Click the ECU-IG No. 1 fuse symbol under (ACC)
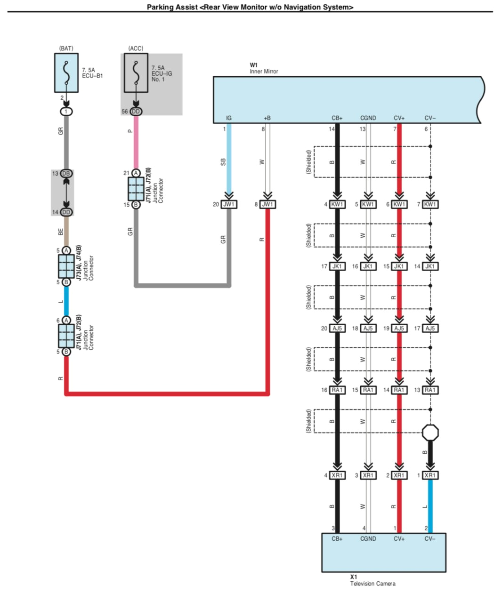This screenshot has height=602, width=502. [136, 72]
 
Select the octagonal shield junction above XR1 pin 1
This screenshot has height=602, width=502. [430, 432]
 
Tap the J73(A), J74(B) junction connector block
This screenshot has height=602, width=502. [66, 266]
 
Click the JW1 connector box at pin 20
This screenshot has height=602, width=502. [229, 204]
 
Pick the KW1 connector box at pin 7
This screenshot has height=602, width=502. [430, 204]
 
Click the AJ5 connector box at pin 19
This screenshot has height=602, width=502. [399, 328]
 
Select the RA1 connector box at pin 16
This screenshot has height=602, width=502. [337, 390]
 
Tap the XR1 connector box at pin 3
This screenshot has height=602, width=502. [368, 475]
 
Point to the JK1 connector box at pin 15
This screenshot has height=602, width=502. [399, 266]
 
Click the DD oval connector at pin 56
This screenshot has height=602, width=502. [136, 112]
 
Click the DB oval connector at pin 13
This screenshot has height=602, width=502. [66, 174]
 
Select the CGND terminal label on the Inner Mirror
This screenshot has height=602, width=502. [368, 118]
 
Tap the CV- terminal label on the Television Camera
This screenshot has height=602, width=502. [430, 539]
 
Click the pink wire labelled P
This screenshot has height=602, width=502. [136, 141]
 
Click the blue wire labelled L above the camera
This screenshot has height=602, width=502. [430, 506]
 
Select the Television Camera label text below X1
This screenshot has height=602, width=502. [372, 584]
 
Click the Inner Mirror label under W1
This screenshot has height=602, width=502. [264, 72]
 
